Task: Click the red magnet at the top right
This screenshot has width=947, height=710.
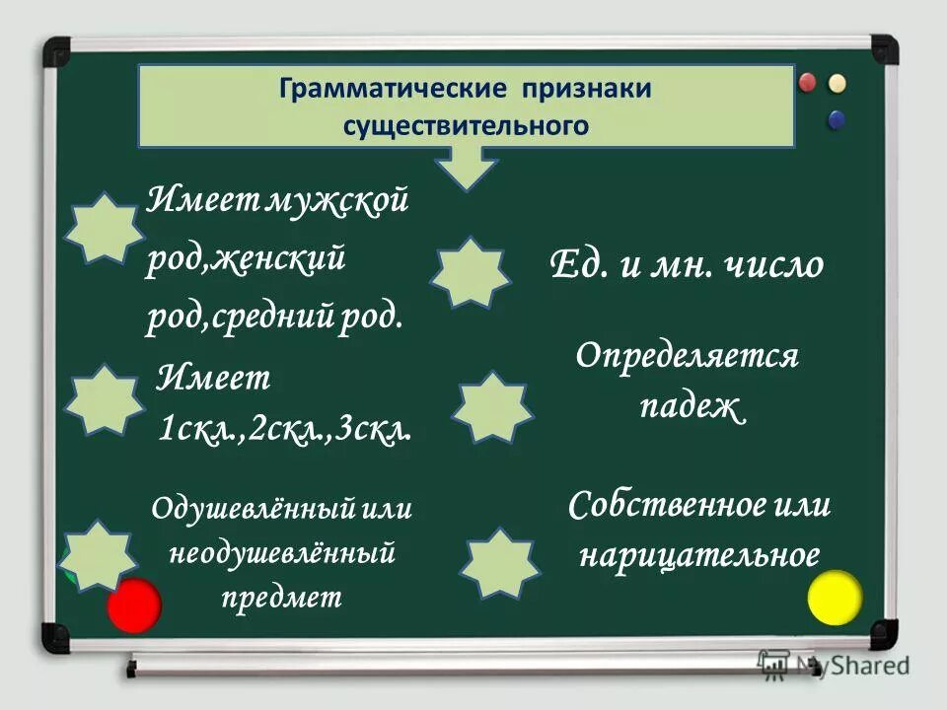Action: coord(810,82)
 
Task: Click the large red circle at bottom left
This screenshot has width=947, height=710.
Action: coord(133,605)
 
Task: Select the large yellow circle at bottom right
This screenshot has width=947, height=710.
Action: coord(835,599)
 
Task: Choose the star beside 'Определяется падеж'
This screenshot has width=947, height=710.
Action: coord(493,407)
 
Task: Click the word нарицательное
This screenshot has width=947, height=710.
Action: coord(698,555)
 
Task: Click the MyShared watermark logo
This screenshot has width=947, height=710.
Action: coord(834,666)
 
